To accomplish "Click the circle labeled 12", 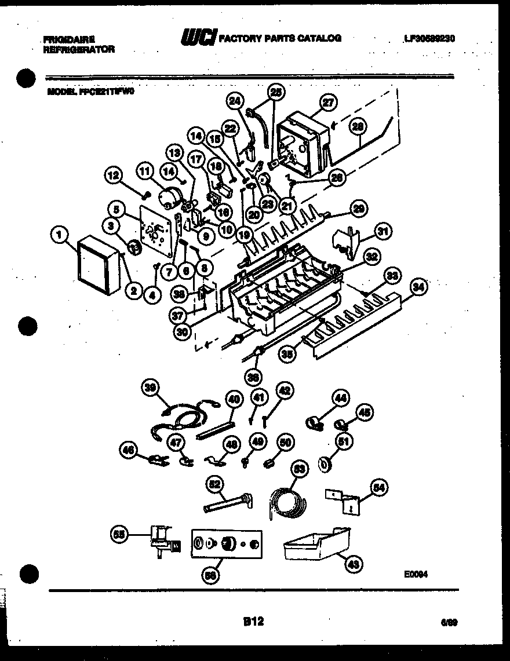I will pos(114,174).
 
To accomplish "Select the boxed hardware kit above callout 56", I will pos(226,544).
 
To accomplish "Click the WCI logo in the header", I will pos(199,38).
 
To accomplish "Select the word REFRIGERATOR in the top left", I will pos(79,50).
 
